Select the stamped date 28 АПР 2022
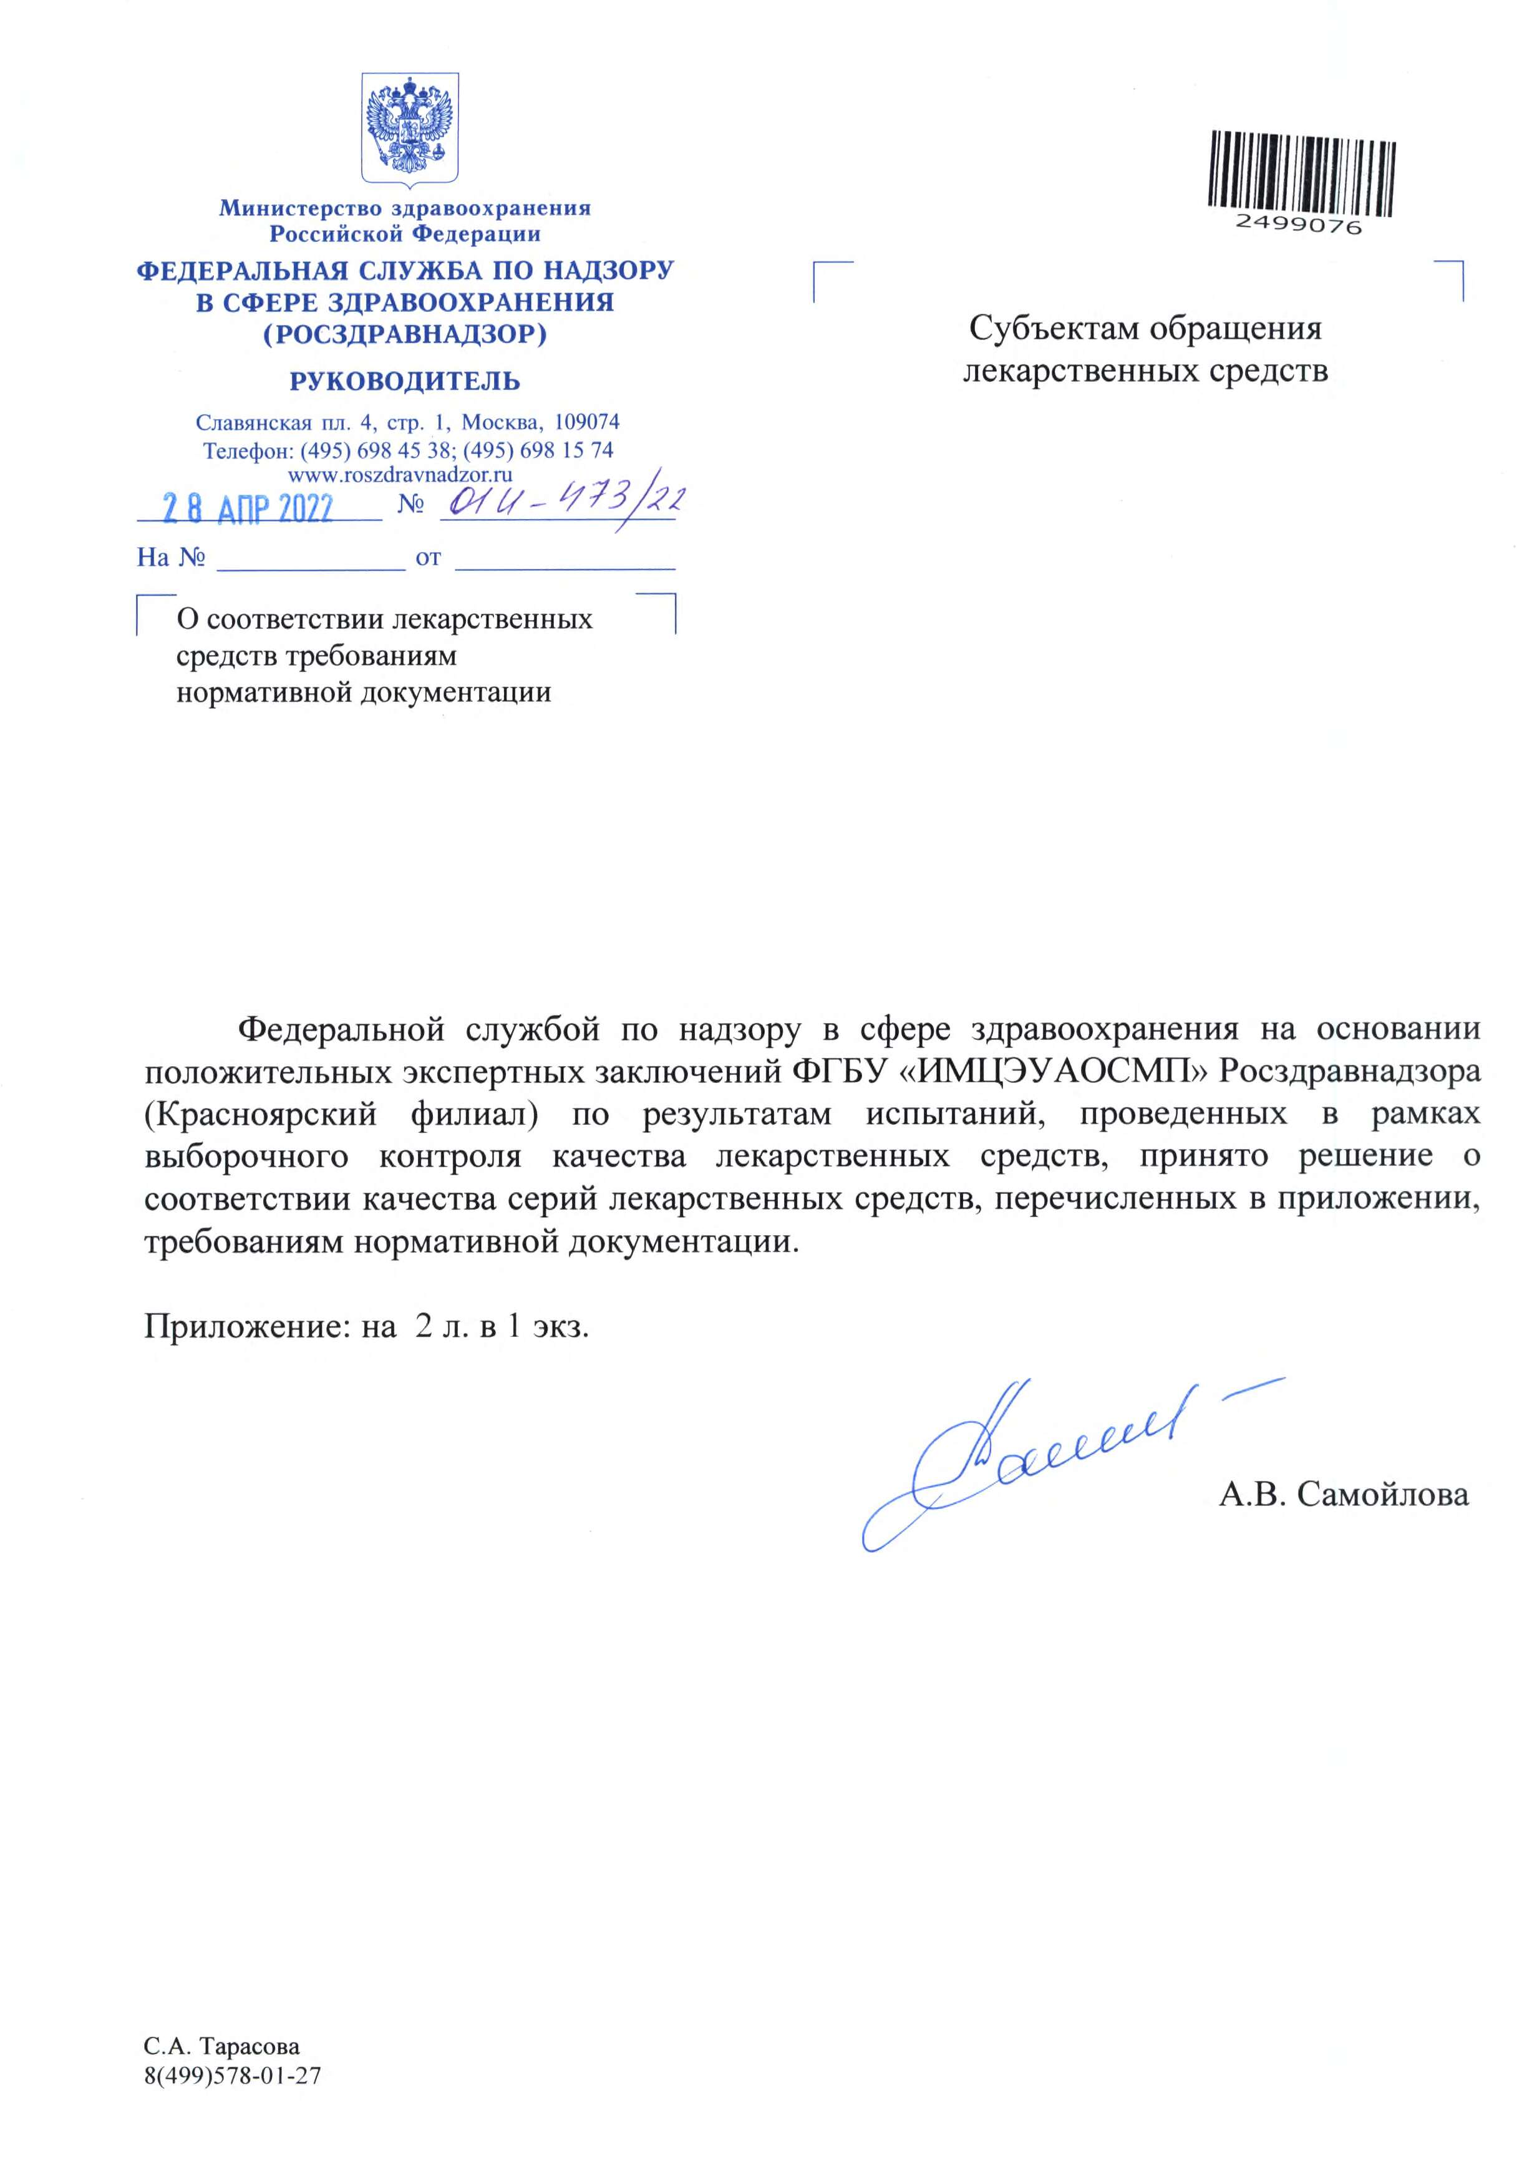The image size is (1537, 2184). [x=247, y=509]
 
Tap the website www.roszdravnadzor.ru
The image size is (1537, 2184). [x=400, y=473]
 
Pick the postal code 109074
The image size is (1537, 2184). [x=587, y=421]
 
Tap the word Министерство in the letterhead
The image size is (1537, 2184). [x=299, y=208]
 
